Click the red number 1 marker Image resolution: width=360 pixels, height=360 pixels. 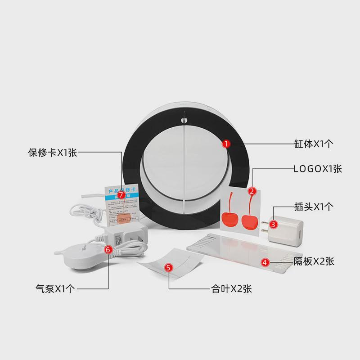227,144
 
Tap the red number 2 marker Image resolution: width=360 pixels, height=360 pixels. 252,191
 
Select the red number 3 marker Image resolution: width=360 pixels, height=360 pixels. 273,222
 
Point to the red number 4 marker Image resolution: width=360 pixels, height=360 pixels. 265,261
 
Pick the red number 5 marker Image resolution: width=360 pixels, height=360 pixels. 169,268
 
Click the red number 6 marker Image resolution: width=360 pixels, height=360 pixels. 108,248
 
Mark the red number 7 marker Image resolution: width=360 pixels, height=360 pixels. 121,194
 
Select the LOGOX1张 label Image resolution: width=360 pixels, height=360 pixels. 318,169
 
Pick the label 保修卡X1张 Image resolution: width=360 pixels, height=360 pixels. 53,153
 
